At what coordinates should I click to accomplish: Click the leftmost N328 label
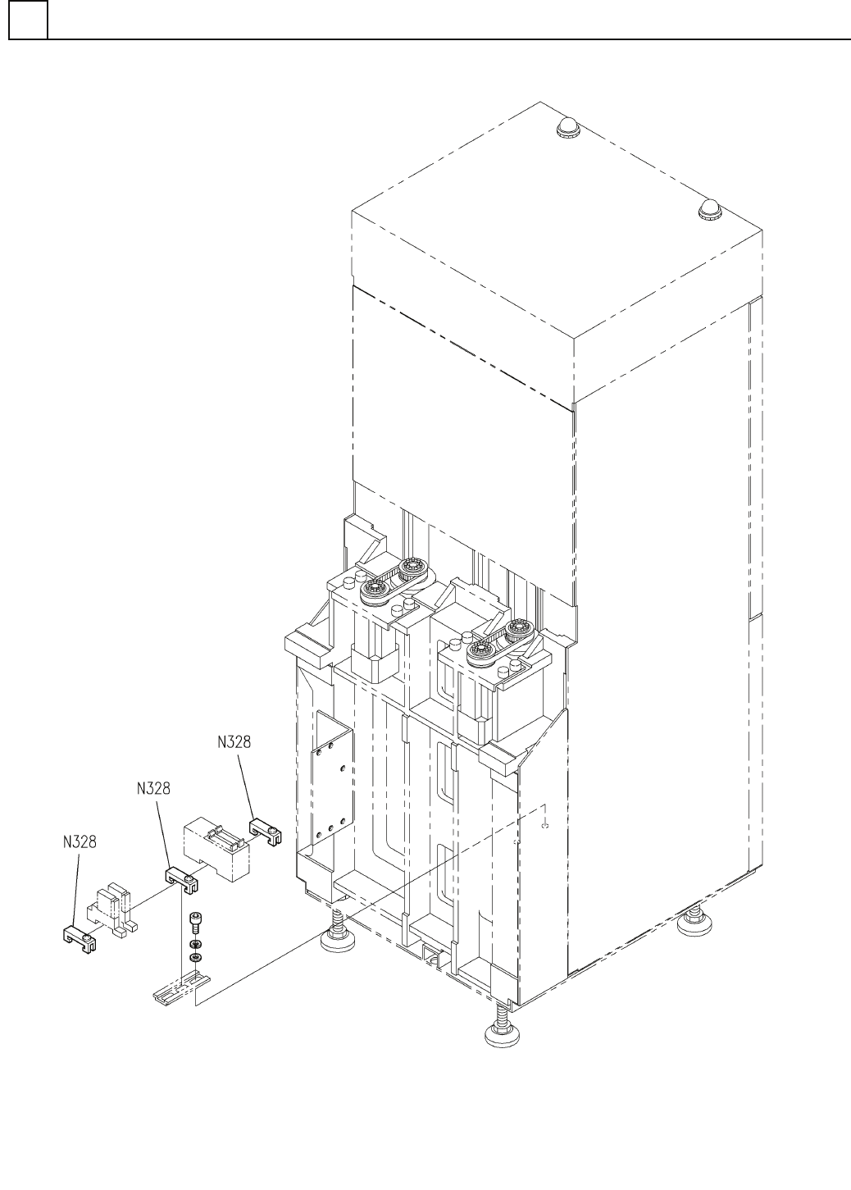(x=80, y=842)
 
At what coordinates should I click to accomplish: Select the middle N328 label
(x=153, y=789)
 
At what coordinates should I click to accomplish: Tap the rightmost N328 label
(x=234, y=742)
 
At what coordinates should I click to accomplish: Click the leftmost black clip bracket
(x=81, y=935)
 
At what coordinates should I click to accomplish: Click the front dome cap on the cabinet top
(x=708, y=211)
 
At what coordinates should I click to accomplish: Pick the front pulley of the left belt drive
(x=375, y=589)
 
